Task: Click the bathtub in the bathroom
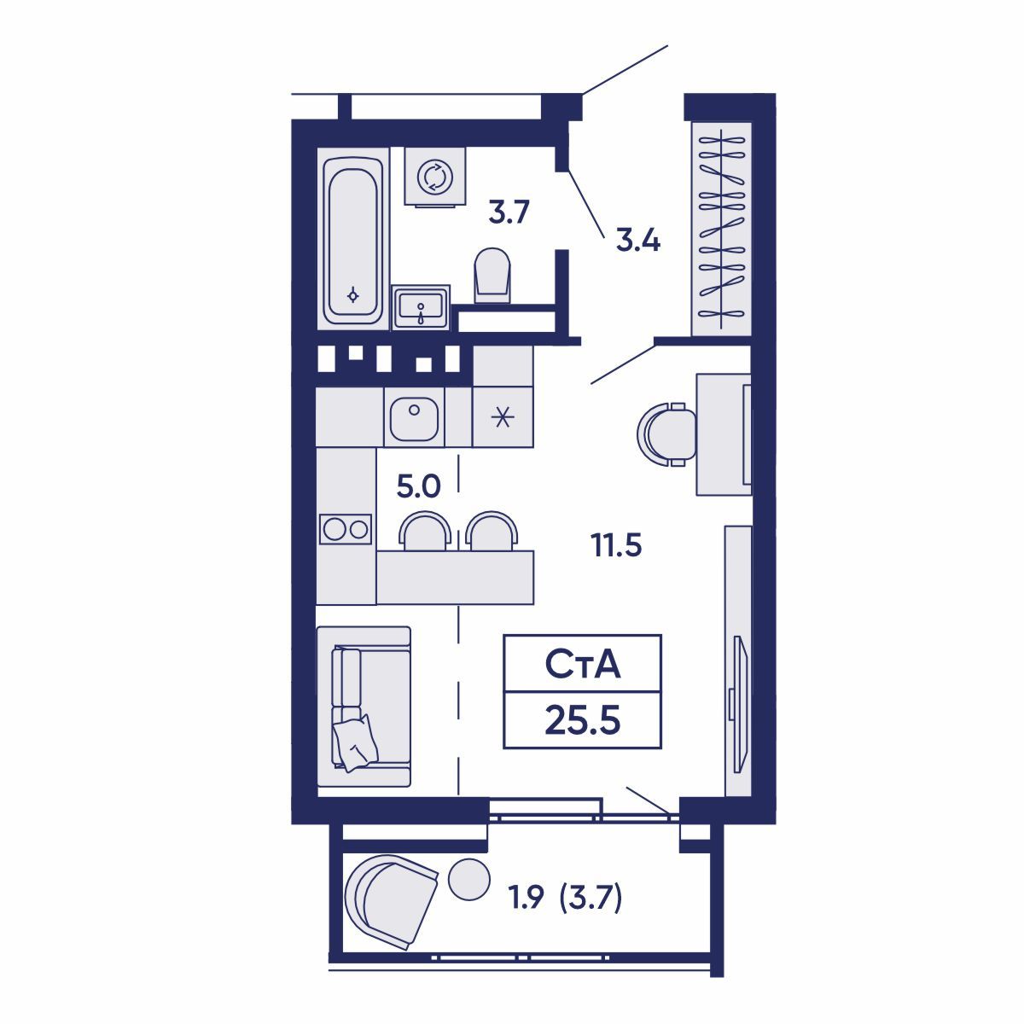(x=352, y=239)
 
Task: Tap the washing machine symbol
(x=434, y=177)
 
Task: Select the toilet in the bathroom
(x=492, y=276)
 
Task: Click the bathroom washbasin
(x=421, y=308)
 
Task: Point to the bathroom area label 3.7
(x=509, y=212)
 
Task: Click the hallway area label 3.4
(x=637, y=241)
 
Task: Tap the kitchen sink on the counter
(x=414, y=418)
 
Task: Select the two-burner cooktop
(x=346, y=529)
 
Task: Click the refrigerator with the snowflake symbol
(x=503, y=416)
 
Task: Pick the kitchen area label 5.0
(x=419, y=486)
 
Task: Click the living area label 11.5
(x=616, y=546)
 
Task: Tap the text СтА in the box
(x=583, y=665)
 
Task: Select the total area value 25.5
(x=583, y=721)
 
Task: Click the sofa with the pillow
(x=364, y=707)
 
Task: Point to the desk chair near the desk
(x=667, y=434)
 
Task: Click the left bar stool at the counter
(x=425, y=530)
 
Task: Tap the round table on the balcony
(x=468, y=880)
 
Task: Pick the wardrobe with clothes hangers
(x=721, y=229)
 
